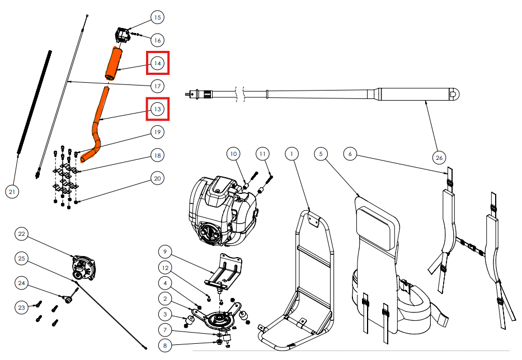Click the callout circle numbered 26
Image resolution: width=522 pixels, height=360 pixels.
(440, 158)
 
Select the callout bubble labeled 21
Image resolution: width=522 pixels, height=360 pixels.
(12, 192)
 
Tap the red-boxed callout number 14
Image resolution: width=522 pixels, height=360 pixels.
(158, 64)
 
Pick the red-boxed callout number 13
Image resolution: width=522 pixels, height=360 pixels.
(158, 109)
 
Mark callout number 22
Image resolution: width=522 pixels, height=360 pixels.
(22, 233)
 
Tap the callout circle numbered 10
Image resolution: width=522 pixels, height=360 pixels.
(234, 153)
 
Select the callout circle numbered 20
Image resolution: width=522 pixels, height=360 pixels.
(157, 178)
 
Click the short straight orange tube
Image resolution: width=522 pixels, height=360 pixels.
(114, 63)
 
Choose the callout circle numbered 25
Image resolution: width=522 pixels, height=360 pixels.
(22, 258)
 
